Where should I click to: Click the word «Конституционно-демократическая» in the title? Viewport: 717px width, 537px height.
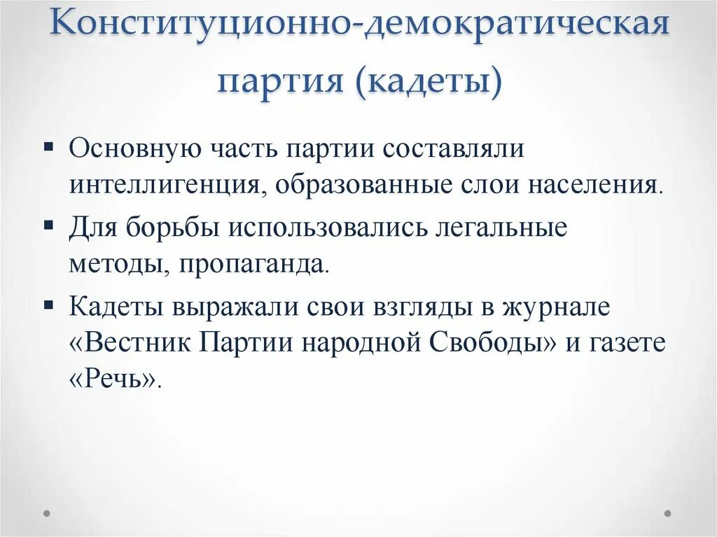click(358, 28)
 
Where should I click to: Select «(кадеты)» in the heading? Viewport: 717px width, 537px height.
click(429, 83)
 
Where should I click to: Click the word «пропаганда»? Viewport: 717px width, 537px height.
click(251, 263)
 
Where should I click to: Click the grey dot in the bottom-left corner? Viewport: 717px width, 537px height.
click(48, 513)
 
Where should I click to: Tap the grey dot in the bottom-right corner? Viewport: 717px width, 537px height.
click(668, 513)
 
